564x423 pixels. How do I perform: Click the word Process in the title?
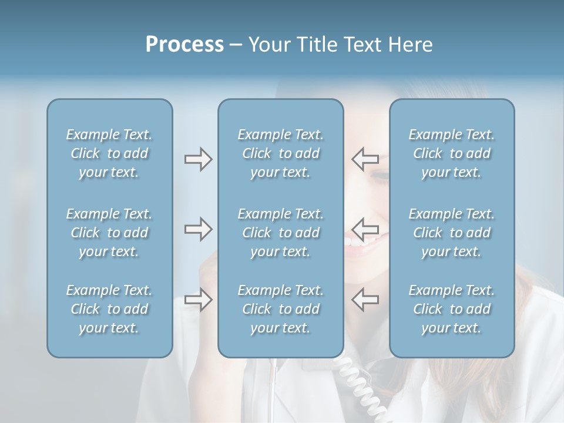(x=184, y=45)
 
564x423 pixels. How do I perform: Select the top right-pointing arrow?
(x=198, y=159)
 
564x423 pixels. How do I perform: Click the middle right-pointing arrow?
(x=198, y=229)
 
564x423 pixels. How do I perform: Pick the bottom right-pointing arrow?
(x=198, y=300)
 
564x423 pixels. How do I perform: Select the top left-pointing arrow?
(x=365, y=159)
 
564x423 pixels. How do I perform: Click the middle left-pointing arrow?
(x=365, y=229)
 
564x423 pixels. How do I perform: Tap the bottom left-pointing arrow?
(x=365, y=299)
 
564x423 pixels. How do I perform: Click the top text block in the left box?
(x=109, y=153)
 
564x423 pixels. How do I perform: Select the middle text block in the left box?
(x=109, y=233)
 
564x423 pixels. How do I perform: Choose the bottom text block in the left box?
(x=109, y=309)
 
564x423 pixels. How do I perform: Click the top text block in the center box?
(x=280, y=153)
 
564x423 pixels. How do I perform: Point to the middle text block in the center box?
(x=280, y=233)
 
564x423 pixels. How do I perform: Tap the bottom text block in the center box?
(x=280, y=309)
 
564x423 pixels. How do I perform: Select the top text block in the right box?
(x=452, y=153)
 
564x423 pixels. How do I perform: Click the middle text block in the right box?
(x=452, y=233)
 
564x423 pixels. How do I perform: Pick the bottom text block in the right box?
(x=452, y=309)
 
